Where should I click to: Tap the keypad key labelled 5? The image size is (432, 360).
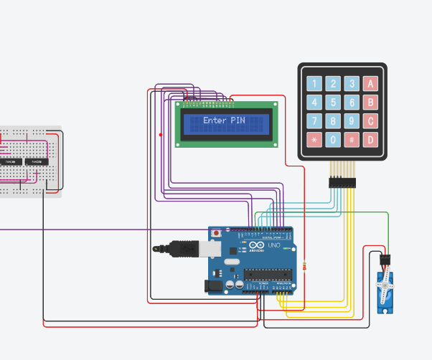coord(333,103)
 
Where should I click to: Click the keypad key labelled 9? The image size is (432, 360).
coord(351,121)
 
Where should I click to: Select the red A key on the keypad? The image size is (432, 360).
coord(370,84)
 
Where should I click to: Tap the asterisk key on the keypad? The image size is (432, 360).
coord(314,140)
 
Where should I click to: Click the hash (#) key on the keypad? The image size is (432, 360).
coord(351,140)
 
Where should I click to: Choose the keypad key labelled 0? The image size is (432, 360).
coord(333,140)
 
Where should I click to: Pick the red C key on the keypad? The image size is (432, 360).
coord(370,121)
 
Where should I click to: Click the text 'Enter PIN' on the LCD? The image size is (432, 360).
coord(224,120)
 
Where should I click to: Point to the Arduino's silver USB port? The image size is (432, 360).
coord(211,248)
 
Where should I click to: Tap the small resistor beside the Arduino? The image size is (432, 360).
coord(305,267)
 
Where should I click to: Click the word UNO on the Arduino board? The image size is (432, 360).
coord(274,245)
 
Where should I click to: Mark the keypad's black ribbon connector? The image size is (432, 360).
coord(342,184)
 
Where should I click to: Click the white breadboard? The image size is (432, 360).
coord(30,162)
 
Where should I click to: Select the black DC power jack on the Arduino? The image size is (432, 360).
coord(213,285)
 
